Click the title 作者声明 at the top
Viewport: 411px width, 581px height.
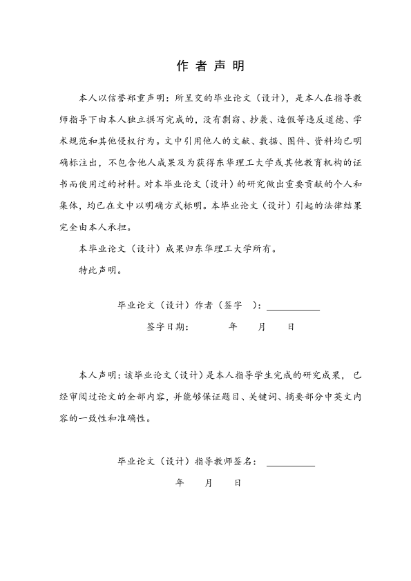(205, 67)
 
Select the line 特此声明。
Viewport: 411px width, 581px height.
(101, 270)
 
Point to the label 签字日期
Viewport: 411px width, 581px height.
(167, 327)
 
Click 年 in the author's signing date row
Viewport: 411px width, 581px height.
(233, 327)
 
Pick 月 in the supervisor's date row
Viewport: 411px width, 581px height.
(209, 483)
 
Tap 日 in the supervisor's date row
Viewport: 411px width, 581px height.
(238, 483)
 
